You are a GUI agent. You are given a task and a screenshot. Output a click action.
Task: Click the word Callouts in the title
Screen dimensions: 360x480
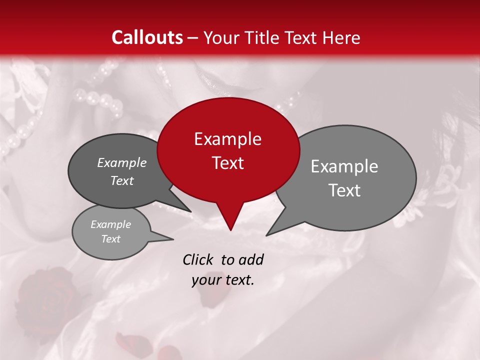pos(147,37)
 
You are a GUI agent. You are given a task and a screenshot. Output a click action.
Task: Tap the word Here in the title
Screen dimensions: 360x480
pos(340,37)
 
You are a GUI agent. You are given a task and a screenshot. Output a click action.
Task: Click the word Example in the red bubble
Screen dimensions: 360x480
pos(227,139)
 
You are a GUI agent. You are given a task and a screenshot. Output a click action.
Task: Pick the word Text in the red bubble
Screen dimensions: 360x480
pos(227,163)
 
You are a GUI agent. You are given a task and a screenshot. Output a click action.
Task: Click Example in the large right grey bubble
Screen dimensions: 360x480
pos(344,166)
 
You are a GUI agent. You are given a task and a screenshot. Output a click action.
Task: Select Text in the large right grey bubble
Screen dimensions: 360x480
pos(344,190)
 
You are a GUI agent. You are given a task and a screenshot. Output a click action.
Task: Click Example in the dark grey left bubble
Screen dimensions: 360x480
pos(121,162)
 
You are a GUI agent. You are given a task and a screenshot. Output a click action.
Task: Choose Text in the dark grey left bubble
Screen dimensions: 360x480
pos(121,180)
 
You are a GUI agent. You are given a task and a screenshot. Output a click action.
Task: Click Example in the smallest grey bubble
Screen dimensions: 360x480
pos(110,224)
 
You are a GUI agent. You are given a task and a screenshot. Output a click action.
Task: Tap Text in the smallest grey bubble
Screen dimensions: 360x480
pos(110,239)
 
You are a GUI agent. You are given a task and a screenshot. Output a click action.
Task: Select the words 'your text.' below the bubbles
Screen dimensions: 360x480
pos(222,280)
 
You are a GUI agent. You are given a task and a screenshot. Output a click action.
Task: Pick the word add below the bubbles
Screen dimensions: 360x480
pos(251,259)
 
